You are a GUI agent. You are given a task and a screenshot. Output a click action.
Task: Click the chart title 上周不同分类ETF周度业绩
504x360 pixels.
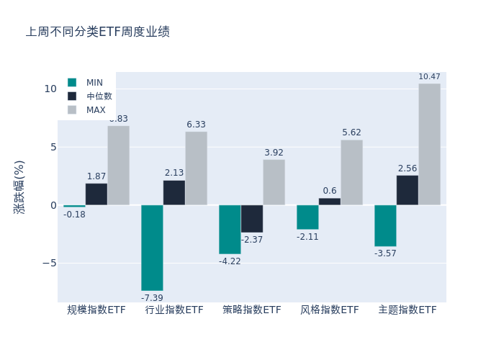(x=98, y=32)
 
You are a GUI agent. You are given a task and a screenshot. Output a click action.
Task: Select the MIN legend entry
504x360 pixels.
(x=94, y=82)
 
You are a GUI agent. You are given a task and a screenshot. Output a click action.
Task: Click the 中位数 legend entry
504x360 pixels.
(x=99, y=96)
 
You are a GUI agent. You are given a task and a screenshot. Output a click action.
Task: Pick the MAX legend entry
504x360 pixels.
(x=96, y=110)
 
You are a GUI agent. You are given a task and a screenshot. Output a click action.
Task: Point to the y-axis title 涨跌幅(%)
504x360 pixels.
(x=19, y=186)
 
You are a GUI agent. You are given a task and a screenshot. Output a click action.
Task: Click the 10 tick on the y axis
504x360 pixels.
(x=50, y=89)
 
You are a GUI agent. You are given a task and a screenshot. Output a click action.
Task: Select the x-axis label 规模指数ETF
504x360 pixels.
(x=96, y=310)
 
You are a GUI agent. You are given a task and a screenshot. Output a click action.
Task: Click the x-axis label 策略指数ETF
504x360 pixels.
(x=252, y=310)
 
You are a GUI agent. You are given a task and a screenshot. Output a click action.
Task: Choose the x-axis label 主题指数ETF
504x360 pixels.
(x=408, y=310)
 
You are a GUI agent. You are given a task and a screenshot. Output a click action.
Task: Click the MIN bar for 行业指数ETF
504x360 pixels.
(x=152, y=248)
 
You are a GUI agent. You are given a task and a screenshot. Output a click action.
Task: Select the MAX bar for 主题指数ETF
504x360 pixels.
(x=429, y=144)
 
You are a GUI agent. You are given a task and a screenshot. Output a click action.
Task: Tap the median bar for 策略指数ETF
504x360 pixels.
(x=252, y=219)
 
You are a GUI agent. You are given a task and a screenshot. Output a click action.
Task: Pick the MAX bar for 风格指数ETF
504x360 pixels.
(x=351, y=172)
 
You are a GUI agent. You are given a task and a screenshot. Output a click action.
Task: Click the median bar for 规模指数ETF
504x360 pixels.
(x=96, y=194)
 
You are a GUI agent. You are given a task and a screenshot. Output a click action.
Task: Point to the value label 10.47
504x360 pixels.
(x=429, y=77)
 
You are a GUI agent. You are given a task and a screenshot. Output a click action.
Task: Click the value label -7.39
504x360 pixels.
(x=152, y=298)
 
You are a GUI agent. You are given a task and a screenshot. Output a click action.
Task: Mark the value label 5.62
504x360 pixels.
(x=351, y=132)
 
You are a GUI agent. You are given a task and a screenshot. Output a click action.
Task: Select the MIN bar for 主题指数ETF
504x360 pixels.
(x=385, y=226)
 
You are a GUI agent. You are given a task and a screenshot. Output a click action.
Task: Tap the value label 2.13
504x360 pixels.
(x=174, y=173)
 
